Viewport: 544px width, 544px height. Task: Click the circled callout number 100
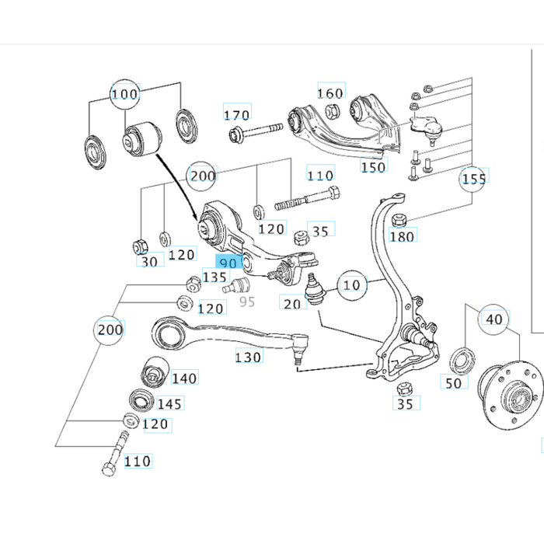pos(124,95)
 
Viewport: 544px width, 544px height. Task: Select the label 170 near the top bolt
pos(236,115)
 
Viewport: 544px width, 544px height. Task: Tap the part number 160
pos(330,93)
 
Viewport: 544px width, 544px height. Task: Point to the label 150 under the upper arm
pos(373,166)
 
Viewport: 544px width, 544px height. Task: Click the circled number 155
pos(473,179)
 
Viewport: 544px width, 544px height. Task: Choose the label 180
pos(403,235)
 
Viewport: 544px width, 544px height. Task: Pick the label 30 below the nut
pos(149,261)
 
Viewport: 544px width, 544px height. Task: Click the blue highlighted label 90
pos(228,263)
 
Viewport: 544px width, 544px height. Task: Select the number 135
pos(214,277)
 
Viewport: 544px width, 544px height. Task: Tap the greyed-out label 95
pos(246,301)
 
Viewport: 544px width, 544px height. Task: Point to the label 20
pos(292,303)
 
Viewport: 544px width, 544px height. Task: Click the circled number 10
pos(352,285)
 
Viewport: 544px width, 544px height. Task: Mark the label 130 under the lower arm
pos(249,357)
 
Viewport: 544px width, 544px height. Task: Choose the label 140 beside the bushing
pos(184,378)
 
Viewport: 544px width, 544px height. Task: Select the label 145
pos(169,403)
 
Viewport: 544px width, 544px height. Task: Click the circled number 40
pos(494,319)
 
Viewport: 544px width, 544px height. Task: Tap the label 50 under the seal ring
pos(453,382)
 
